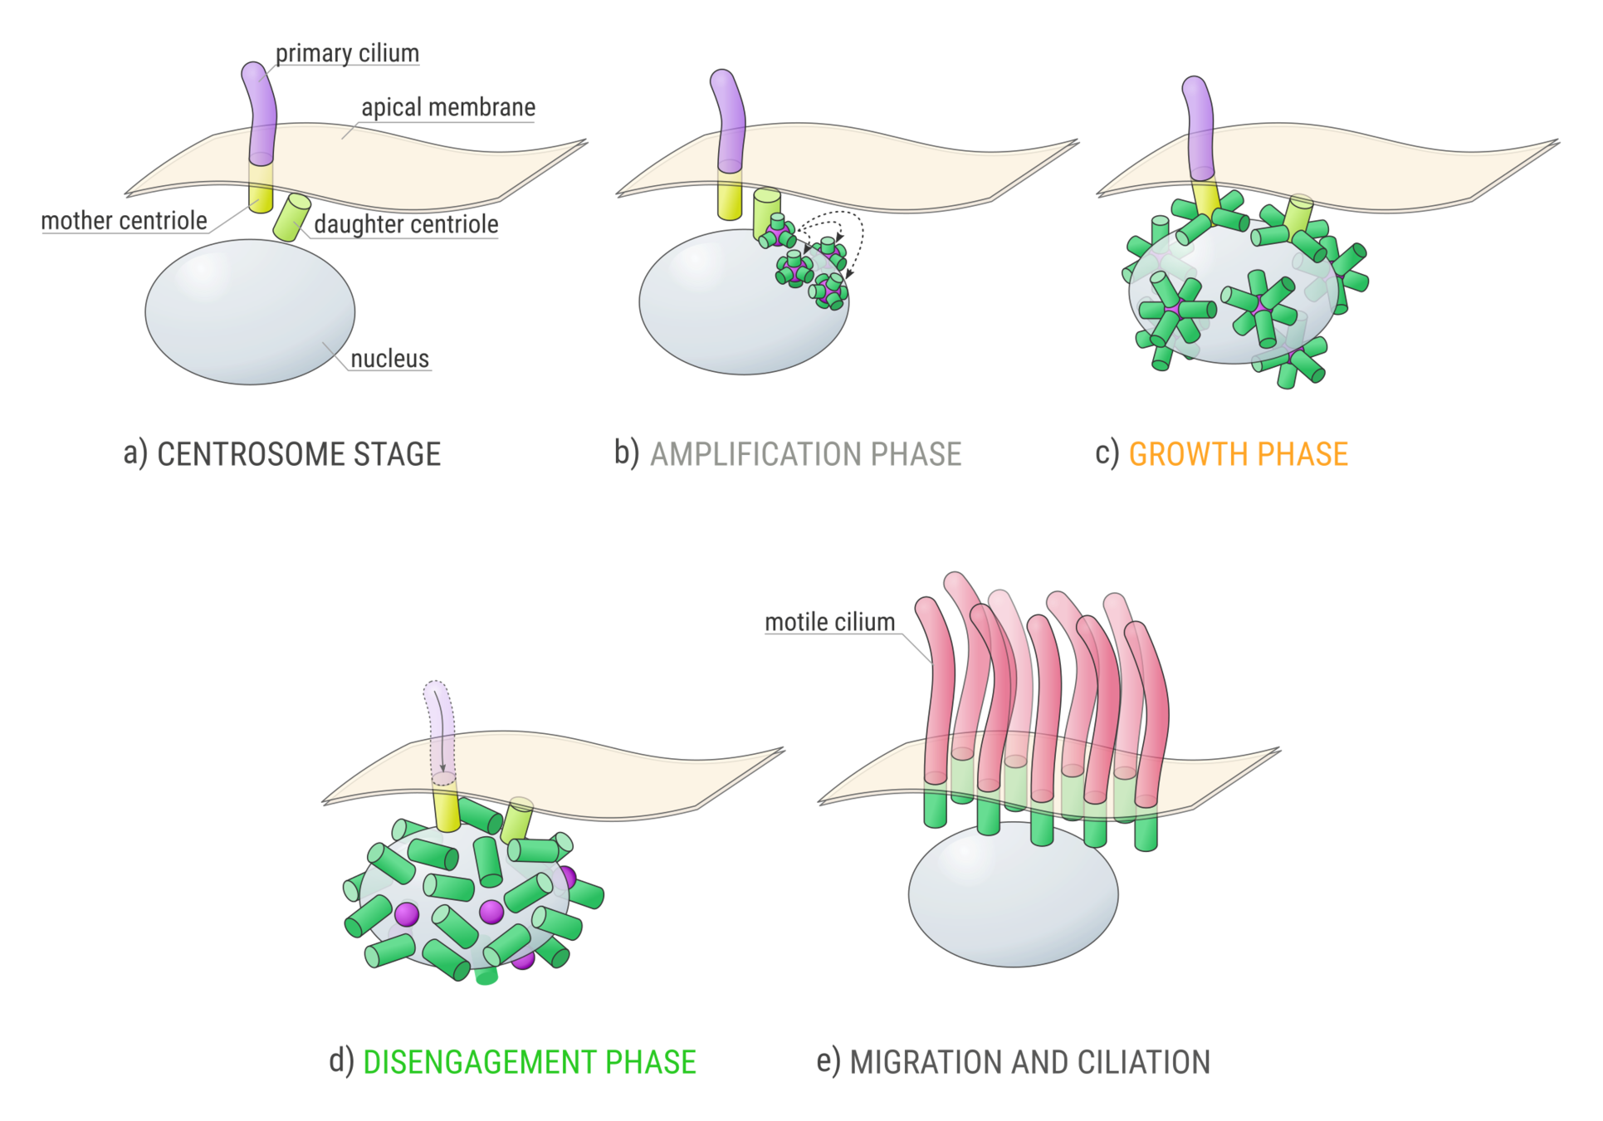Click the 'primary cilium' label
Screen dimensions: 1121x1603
348,52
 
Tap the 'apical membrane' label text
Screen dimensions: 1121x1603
448,108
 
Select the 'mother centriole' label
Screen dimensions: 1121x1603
125,221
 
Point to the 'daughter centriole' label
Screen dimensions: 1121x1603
406,224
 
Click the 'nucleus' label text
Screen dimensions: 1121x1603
389,359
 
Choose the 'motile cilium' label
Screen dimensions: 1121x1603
830,622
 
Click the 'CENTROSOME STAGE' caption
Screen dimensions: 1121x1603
299,454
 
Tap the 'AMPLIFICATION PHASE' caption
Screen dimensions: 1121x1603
805,454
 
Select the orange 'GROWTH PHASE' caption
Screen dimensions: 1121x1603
1238,454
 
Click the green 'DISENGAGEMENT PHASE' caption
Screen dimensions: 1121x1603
530,1063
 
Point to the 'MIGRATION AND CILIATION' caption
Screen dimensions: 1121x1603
1029,1063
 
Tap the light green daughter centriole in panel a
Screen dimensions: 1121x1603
291,218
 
